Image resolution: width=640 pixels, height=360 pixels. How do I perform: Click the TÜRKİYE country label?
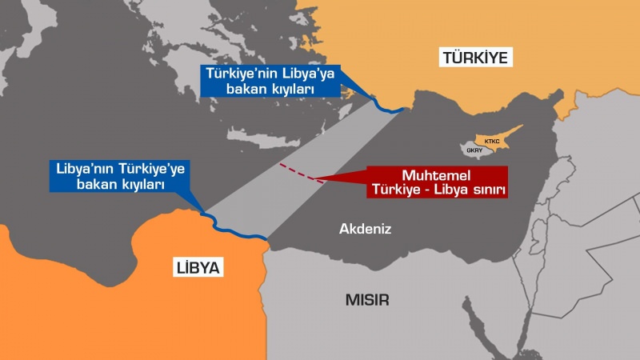pos(476,58)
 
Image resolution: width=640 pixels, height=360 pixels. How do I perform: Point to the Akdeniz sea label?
pos(365,229)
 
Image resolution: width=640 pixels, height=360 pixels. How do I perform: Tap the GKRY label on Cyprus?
pos(475,150)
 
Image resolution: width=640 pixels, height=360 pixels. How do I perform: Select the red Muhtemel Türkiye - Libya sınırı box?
pos(439,182)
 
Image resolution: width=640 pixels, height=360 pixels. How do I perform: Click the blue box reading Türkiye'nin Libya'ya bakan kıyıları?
pos(270,82)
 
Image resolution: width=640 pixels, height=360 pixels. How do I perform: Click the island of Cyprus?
pos(490,144)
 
